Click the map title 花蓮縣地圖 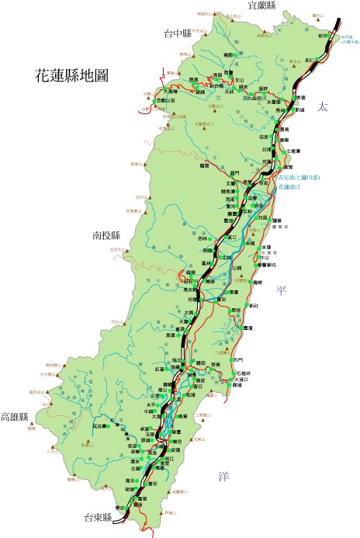click(x=71, y=75)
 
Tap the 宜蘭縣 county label click(x=263, y=6)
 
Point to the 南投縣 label click(x=106, y=234)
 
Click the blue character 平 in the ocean click(x=282, y=290)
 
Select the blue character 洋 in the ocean click(x=223, y=476)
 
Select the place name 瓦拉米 click(x=98, y=426)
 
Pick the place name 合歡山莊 click(x=167, y=100)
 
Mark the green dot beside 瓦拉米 click(x=112, y=426)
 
